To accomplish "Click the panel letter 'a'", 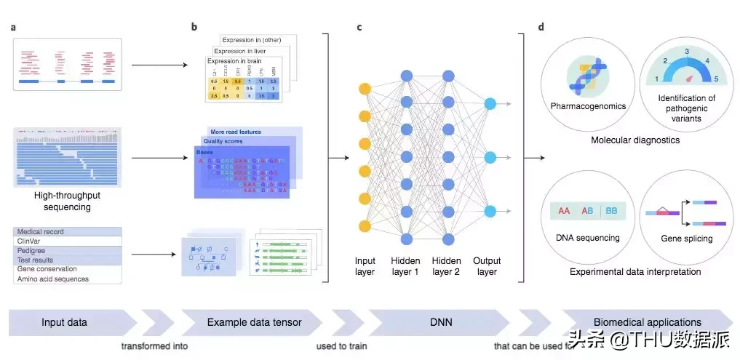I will (14, 28).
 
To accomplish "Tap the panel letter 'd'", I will (541, 28).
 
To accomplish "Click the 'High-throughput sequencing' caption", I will (66, 201).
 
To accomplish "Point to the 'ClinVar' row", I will (29, 241).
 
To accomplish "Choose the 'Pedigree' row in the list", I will (31, 251).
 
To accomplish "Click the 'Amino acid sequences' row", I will (52, 279).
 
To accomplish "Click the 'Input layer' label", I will (365, 266).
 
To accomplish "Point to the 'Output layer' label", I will (487, 266).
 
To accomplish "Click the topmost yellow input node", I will (365, 89).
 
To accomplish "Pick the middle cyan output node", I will (490, 158).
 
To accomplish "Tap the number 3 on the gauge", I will (686, 52).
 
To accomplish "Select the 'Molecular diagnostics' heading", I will (635, 140).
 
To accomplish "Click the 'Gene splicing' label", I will (686, 239).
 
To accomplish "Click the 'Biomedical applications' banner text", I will (647, 322).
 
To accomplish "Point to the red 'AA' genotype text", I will (564, 211).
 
